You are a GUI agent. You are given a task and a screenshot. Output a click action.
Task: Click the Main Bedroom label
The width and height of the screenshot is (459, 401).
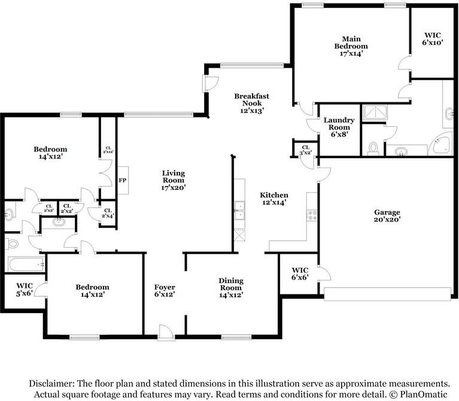[x=351, y=45]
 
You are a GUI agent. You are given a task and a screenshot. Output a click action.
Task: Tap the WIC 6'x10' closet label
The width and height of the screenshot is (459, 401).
[x=433, y=38]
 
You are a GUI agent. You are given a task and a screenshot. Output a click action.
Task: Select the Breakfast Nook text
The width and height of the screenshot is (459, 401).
[x=251, y=103]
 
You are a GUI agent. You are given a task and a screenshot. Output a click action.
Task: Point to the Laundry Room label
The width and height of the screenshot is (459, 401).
[x=339, y=127]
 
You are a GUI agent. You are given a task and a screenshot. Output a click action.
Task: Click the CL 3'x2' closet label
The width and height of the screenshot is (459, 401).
[x=305, y=150]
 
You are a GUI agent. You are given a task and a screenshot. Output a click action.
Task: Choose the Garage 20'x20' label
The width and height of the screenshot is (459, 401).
[x=387, y=215]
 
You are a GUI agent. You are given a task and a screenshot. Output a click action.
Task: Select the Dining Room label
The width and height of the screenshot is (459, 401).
[x=230, y=287]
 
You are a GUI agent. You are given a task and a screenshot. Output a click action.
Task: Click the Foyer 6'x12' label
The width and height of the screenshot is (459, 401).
[x=165, y=290]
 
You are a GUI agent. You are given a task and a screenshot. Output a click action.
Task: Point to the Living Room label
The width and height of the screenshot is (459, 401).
[x=174, y=180]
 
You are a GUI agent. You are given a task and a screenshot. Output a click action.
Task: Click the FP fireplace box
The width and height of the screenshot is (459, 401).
[x=123, y=180]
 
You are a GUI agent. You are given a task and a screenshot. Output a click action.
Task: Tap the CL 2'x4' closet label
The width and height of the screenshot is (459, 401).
[x=108, y=214]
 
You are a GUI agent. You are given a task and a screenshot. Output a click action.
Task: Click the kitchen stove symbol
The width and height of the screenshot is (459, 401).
[x=312, y=214]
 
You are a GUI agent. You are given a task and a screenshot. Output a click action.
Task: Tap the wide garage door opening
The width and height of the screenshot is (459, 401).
[x=389, y=293]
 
